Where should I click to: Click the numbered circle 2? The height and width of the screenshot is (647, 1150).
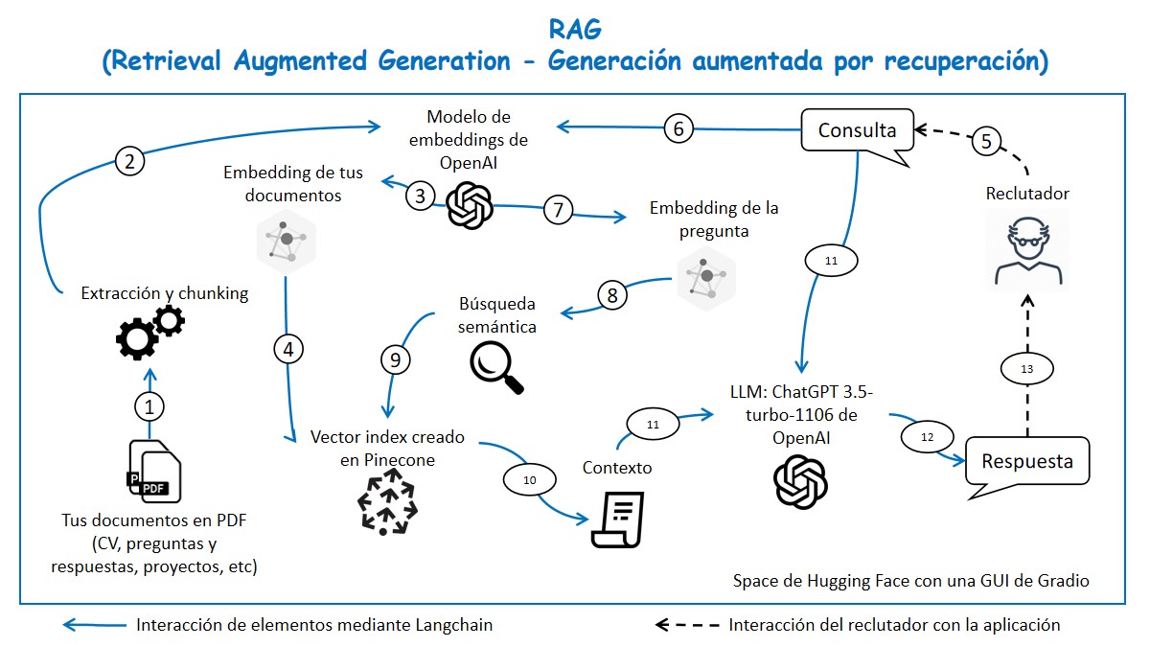129,161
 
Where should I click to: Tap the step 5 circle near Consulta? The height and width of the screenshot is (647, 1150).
988,142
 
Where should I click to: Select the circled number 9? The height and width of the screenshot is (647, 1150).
395,359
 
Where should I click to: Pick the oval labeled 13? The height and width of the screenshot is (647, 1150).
1025,367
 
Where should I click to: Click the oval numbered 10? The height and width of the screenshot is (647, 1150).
530,479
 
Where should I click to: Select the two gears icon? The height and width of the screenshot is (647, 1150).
149,329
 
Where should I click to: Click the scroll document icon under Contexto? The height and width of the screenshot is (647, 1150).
617,520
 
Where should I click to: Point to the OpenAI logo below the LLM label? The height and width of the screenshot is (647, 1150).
799,481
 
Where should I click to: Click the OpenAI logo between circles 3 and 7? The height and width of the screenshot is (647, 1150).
470,205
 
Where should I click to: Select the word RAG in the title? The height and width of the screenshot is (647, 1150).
575,30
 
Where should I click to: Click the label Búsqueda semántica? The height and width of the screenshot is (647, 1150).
497,315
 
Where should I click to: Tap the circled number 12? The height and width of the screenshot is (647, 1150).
926,437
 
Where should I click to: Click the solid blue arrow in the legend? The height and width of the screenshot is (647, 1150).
93,625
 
